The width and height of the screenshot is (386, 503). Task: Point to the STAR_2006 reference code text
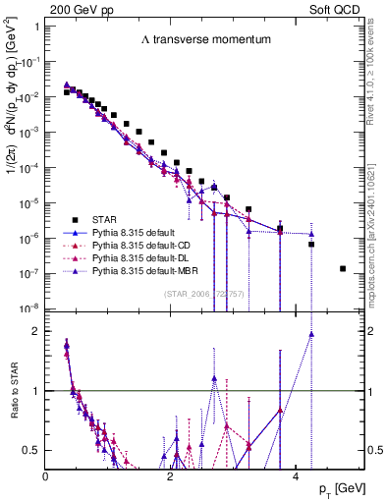tap(203, 295)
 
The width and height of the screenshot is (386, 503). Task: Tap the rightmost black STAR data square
tap(342, 268)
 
